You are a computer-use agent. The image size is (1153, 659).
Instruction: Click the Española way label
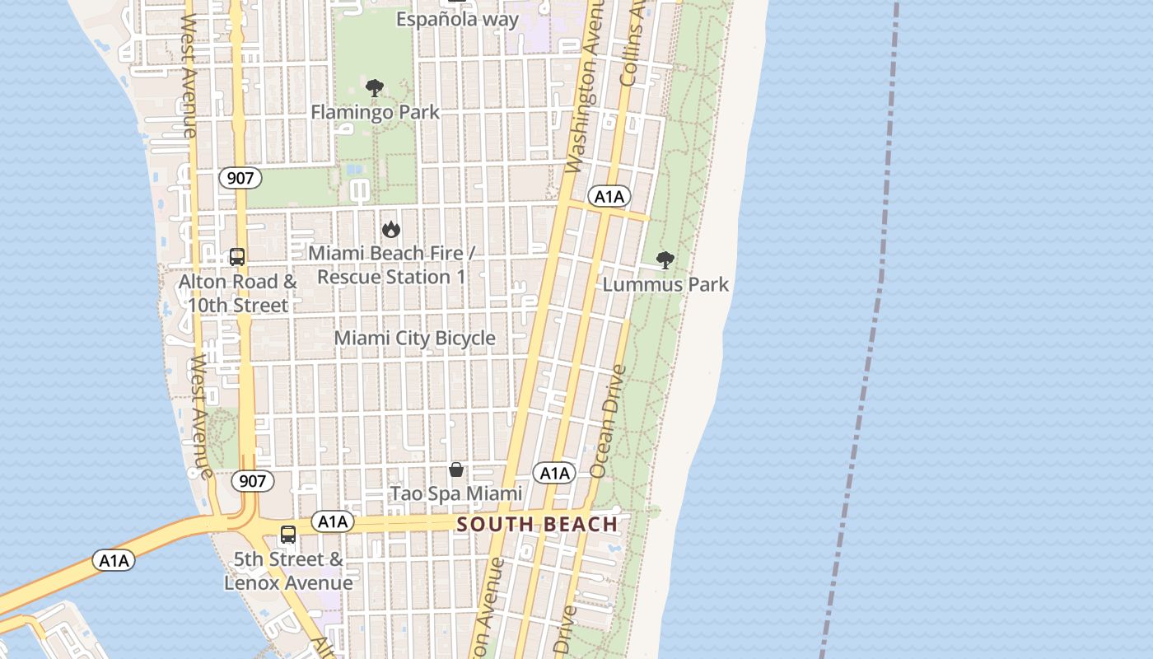point(458,19)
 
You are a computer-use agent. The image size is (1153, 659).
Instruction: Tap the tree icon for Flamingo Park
point(375,88)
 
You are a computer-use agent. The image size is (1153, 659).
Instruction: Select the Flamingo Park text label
point(375,112)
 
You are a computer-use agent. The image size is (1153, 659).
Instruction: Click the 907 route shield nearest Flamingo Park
point(240,178)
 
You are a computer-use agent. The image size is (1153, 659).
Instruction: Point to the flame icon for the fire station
point(390,229)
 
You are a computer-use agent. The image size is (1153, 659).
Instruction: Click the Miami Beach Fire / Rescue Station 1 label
point(391,265)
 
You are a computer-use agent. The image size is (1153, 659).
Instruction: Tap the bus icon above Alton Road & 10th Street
point(237,257)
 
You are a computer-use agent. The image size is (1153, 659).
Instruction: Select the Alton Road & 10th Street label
point(238,293)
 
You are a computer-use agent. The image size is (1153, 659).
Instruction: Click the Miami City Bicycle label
point(414,339)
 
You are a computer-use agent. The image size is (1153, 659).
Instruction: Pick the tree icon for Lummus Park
point(665,260)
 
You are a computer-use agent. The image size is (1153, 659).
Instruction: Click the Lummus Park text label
point(665,285)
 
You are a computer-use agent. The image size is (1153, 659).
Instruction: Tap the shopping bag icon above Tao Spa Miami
point(455,470)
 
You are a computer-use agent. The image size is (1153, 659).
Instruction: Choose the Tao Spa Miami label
point(455,493)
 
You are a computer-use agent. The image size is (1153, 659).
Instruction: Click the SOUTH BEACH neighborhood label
point(537,525)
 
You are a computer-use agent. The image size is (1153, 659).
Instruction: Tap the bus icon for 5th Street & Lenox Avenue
point(288,535)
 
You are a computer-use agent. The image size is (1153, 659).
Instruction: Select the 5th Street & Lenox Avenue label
point(288,571)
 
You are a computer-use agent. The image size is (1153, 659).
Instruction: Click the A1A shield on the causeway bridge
point(114,561)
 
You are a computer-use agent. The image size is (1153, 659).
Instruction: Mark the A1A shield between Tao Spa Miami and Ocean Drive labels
point(554,473)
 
